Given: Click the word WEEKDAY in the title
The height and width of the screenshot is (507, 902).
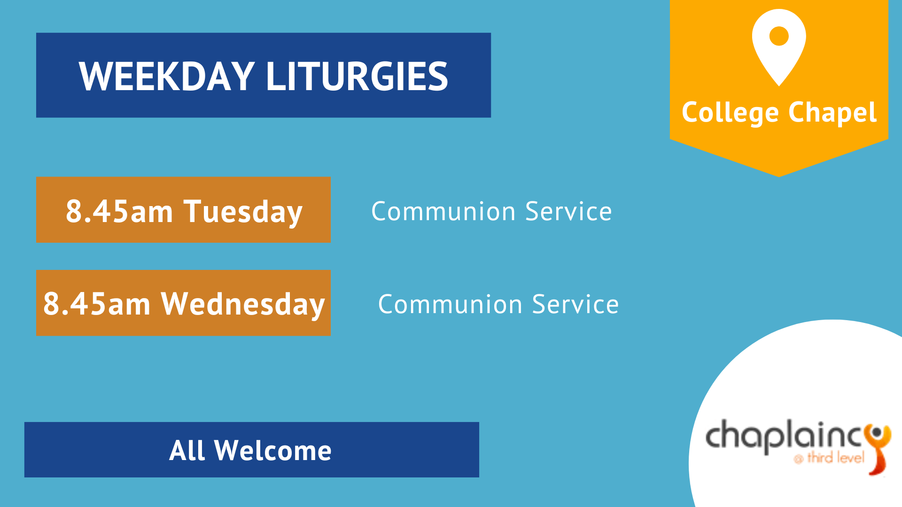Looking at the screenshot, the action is pyautogui.click(x=167, y=76).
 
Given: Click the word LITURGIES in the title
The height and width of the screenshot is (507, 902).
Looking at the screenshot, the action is pyautogui.click(x=357, y=76).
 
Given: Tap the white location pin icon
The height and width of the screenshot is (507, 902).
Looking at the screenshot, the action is pyautogui.click(x=779, y=47).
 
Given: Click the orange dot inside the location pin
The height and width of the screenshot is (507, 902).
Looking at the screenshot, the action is pyautogui.click(x=779, y=36).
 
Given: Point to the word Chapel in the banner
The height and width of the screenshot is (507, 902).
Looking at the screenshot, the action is pyautogui.click(x=832, y=113).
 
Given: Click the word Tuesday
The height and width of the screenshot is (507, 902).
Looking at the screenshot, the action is pyautogui.click(x=243, y=212).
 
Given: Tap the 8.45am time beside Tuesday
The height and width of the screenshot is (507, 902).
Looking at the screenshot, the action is pyautogui.click(x=119, y=211).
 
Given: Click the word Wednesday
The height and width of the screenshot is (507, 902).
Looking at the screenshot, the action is pyautogui.click(x=243, y=305).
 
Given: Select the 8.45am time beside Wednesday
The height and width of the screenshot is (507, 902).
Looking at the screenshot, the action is pyautogui.click(x=97, y=304).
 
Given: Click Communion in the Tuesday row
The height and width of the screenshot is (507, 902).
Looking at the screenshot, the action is pyautogui.click(x=443, y=211).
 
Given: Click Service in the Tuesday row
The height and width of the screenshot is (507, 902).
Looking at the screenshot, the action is pyautogui.click(x=568, y=211).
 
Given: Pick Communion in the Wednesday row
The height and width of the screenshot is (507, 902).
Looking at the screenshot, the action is pyautogui.click(x=450, y=304).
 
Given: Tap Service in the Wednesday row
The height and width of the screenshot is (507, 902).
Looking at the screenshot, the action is pyautogui.click(x=575, y=304).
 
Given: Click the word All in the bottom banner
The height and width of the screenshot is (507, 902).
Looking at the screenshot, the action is pyautogui.click(x=187, y=451).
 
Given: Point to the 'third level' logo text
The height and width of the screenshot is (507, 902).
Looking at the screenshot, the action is pyautogui.click(x=835, y=457).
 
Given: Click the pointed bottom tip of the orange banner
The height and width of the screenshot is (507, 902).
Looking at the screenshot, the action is pyautogui.click(x=779, y=177).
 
